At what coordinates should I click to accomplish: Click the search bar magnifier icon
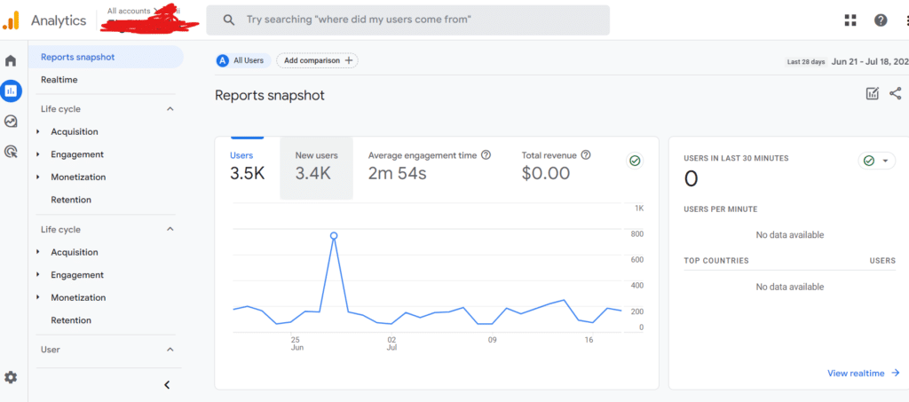229,20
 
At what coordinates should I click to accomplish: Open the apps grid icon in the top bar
850,20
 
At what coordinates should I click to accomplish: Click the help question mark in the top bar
880,20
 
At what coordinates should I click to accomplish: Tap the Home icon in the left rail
12,61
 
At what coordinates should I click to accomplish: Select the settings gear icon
12,377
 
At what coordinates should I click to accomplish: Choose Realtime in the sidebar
59,80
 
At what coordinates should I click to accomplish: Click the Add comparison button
317,60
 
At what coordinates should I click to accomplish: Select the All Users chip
242,60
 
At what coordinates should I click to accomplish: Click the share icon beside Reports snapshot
895,93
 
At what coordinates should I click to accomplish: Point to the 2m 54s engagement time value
397,173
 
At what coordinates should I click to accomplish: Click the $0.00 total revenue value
546,173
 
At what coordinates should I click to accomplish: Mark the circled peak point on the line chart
334,236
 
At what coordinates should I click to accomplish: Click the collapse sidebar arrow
167,384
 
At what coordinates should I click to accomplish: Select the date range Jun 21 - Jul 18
869,62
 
